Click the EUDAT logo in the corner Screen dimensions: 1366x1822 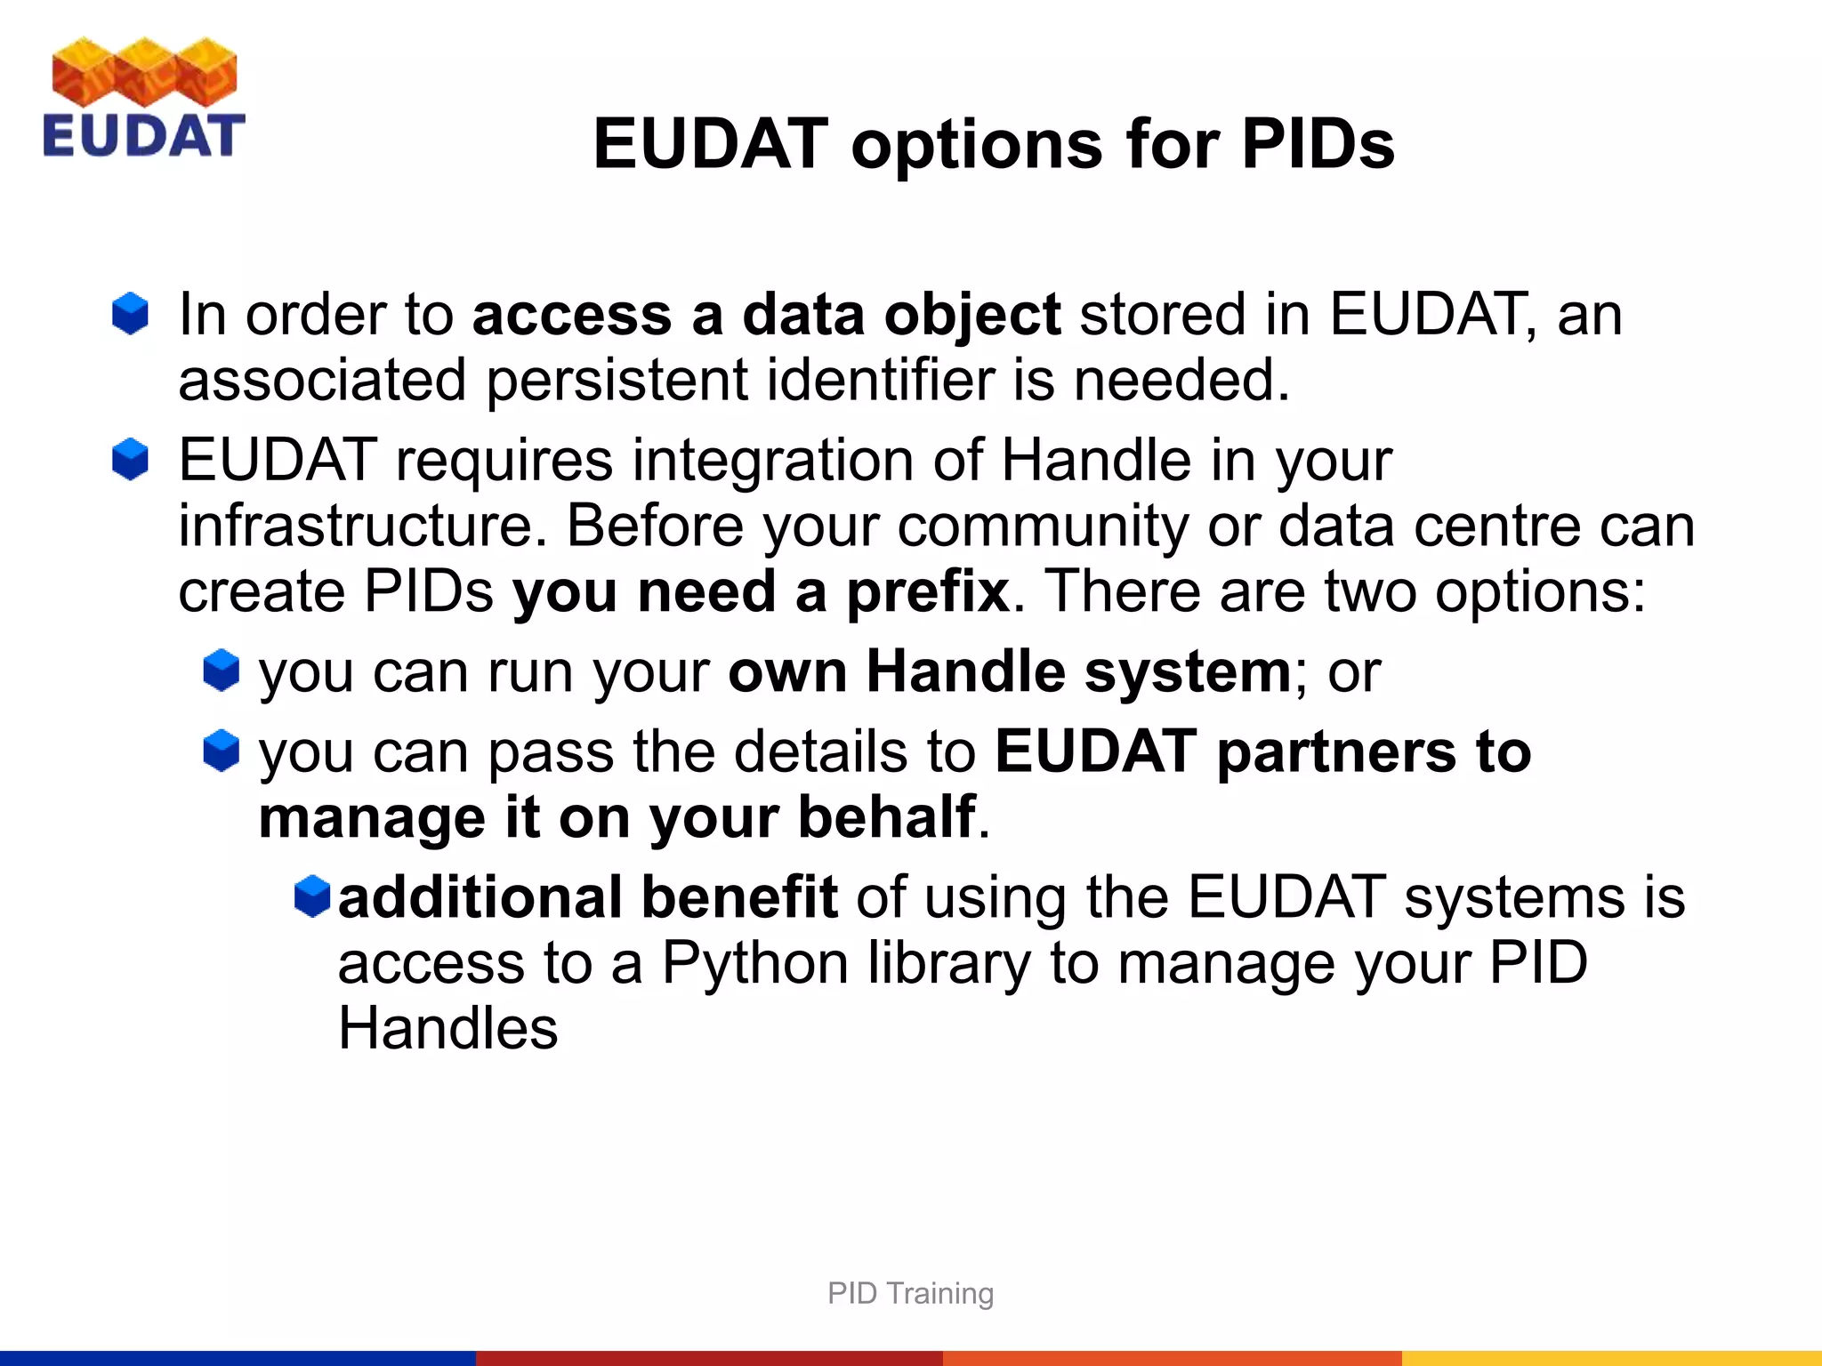[143, 98]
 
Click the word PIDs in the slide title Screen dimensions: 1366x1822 [1318, 144]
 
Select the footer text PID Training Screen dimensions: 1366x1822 [910, 1293]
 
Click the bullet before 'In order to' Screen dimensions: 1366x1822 [130, 314]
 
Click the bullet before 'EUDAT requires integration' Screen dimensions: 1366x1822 [130, 460]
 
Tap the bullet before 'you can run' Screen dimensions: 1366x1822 [221, 671]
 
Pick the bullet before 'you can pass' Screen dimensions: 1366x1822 [221, 751]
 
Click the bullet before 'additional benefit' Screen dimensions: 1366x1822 [312, 896]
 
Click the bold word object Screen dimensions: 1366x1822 [971, 317]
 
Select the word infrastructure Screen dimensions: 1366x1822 [362, 526]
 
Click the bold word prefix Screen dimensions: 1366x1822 [927, 591]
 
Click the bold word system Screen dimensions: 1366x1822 [1187, 672]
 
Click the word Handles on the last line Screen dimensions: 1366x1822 [447, 1029]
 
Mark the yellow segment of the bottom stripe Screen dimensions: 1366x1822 [1610, 1358]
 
